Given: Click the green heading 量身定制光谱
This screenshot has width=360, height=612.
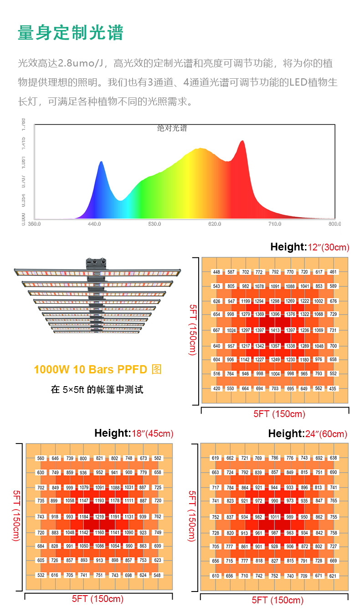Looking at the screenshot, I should point(71,33).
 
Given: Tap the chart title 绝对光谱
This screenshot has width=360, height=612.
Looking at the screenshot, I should point(172,128).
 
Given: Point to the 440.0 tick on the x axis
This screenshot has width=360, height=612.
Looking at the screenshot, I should point(94,224).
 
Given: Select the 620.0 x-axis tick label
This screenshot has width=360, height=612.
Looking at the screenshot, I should point(215,224).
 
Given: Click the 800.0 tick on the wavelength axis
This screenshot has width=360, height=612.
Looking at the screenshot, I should point(334,224).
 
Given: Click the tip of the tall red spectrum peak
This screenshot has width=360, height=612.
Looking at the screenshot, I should point(242,141).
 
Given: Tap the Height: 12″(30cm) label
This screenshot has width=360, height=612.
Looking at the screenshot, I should point(309,247).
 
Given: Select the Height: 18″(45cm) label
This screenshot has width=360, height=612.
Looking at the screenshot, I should point(134,433).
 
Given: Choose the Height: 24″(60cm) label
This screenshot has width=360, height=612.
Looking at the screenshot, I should point(308,433).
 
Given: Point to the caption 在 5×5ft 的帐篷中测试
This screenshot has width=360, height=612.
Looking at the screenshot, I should point(97,390).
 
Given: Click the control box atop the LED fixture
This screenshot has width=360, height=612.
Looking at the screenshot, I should point(96,263).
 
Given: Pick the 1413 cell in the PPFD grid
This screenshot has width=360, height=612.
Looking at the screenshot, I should point(275,331).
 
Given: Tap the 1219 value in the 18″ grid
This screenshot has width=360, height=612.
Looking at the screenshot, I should point(99,517).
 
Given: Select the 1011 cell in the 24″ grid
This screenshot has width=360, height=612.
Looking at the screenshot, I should point(274,517).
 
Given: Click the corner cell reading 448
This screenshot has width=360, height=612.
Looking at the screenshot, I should point(216,272).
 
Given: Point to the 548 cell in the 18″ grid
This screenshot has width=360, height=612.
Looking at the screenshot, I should point(157,575).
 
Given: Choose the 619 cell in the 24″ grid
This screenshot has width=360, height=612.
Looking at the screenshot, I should point(216,458).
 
